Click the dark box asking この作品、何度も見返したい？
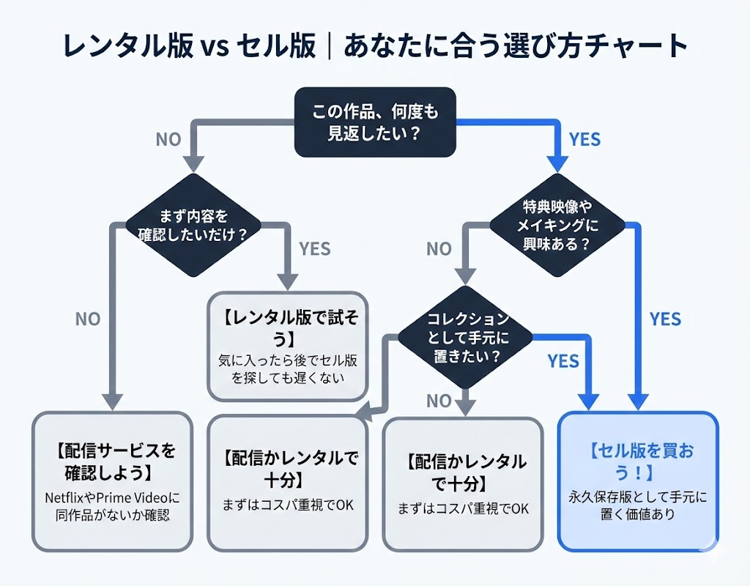click(x=374, y=122)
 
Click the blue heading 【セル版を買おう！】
click(x=637, y=461)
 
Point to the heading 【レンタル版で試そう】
click(x=288, y=329)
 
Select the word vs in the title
click(x=214, y=48)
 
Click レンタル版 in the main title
click(x=125, y=48)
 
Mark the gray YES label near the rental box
click(x=315, y=249)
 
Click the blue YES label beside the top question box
click(x=584, y=139)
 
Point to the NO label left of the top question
click(x=168, y=139)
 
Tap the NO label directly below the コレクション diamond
click(x=439, y=401)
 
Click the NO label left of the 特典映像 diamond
click(x=439, y=249)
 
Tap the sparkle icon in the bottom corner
click(x=708, y=541)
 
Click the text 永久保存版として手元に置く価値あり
click(x=637, y=505)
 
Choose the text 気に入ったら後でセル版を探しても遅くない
click(x=288, y=369)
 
